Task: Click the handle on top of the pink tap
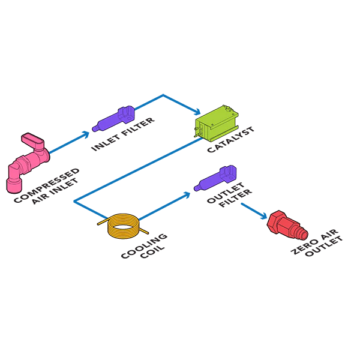32,142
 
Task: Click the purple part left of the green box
114,118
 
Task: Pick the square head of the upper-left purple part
127,112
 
